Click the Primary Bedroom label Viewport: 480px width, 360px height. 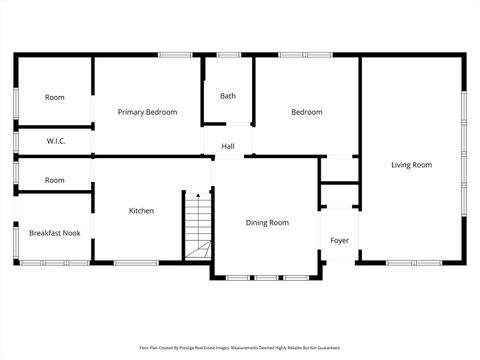tap(147, 112)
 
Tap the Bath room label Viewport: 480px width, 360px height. tap(228, 96)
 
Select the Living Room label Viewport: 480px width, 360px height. tap(411, 165)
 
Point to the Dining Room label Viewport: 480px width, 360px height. tap(267, 223)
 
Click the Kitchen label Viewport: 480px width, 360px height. tap(141, 211)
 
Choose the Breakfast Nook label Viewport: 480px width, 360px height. tap(55, 233)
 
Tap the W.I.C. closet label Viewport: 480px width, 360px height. tap(56, 142)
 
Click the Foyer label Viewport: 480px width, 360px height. tap(340, 240)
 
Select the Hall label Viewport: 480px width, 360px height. tap(228, 147)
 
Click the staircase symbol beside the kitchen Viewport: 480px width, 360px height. tap(198, 225)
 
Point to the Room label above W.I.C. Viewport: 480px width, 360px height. tap(55, 97)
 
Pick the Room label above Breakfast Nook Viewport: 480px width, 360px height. tap(55, 180)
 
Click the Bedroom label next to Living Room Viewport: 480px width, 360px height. tap(307, 112)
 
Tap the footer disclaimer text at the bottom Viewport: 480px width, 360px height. tap(240, 348)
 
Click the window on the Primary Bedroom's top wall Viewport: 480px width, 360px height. tap(176, 55)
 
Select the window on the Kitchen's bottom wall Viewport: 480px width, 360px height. tap(136, 263)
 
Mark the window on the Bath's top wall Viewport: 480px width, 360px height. tap(227, 55)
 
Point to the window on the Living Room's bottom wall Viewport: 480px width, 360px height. tap(414, 263)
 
